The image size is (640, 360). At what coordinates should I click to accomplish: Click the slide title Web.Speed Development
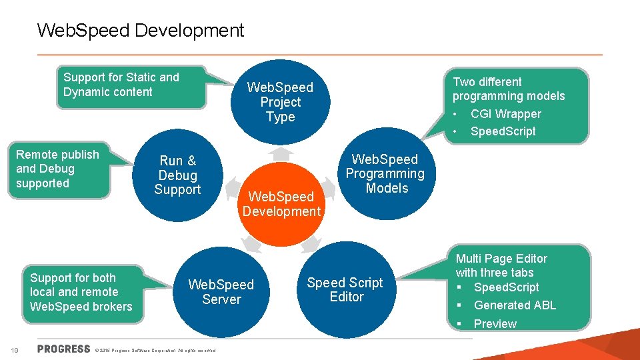point(141,30)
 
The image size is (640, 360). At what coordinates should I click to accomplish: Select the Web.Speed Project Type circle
point(280,102)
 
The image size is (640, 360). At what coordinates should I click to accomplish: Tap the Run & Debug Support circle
point(177,175)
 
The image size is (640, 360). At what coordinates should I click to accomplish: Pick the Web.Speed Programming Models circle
point(385,173)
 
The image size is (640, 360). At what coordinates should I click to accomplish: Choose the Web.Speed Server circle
point(221,292)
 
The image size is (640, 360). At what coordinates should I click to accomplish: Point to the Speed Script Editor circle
point(345,290)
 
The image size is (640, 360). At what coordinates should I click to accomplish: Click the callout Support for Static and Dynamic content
point(121,85)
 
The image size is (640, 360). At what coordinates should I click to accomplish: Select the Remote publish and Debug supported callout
point(57,169)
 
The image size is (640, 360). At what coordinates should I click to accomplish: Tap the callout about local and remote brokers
point(81,292)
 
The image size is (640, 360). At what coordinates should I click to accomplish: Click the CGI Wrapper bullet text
point(505,114)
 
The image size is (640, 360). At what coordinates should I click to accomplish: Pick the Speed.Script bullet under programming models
point(503,131)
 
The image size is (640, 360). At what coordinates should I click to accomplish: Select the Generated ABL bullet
point(515,305)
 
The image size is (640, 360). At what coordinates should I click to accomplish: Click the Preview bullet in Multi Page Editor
point(495,324)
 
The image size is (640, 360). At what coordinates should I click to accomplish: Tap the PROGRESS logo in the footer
point(64,349)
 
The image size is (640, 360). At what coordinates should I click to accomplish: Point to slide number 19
point(14,349)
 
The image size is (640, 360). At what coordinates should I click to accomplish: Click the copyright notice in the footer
point(159,350)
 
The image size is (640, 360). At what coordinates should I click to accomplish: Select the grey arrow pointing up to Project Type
point(283,154)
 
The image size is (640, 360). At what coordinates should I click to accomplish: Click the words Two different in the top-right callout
point(487,82)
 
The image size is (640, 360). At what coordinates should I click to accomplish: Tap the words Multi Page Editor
point(501,259)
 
